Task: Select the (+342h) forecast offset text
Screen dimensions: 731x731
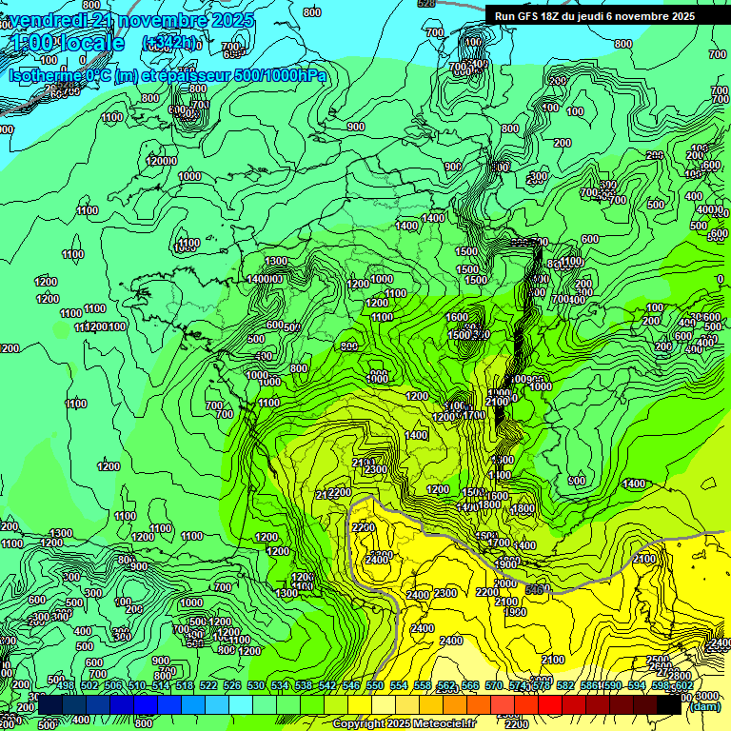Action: pos(170,43)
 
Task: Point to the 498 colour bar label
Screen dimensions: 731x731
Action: pos(65,686)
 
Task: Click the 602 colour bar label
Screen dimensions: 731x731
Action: pos(682,686)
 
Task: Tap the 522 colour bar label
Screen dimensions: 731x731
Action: pos(207,686)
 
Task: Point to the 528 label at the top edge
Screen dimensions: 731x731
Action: pos(426,4)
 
